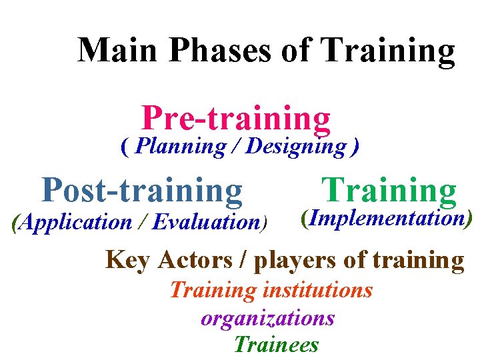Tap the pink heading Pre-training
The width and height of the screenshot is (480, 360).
click(236, 119)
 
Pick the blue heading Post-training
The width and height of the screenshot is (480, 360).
click(142, 190)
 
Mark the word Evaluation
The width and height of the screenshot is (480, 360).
click(205, 222)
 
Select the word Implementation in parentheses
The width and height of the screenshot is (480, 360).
click(387, 218)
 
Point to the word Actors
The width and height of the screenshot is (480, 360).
click(201, 260)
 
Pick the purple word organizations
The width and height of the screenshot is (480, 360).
click(267, 318)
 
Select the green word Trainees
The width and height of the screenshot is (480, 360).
click(276, 345)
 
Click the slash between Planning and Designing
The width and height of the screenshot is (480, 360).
click(236, 146)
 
